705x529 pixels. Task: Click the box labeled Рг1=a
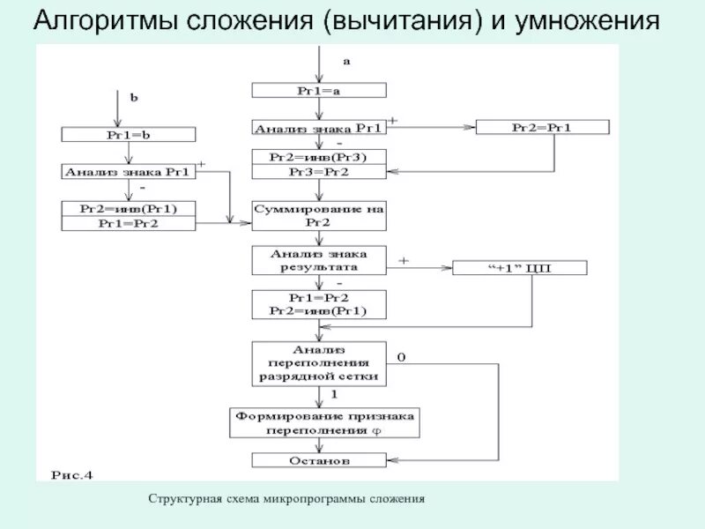click(318, 90)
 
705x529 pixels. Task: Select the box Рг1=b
click(128, 134)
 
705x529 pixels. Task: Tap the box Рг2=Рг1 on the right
click(541, 127)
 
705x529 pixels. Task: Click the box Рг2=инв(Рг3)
click(318, 157)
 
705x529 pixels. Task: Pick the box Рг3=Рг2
click(318, 172)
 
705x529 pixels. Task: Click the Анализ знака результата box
click(318, 259)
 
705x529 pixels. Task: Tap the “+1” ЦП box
click(519, 268)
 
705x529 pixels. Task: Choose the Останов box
click(318, 460)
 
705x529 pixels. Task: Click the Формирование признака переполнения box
click(324, 422)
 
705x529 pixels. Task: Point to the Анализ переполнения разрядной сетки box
click(318, 362)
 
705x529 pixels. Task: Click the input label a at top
click(346, 61)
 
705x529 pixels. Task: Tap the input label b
click(134, 99)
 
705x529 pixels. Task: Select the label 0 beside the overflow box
click(401, 357)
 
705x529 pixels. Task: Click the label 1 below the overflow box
click(334, 393)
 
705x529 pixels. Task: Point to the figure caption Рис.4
click(72, 474)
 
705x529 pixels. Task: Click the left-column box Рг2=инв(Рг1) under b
click(128, 209)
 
